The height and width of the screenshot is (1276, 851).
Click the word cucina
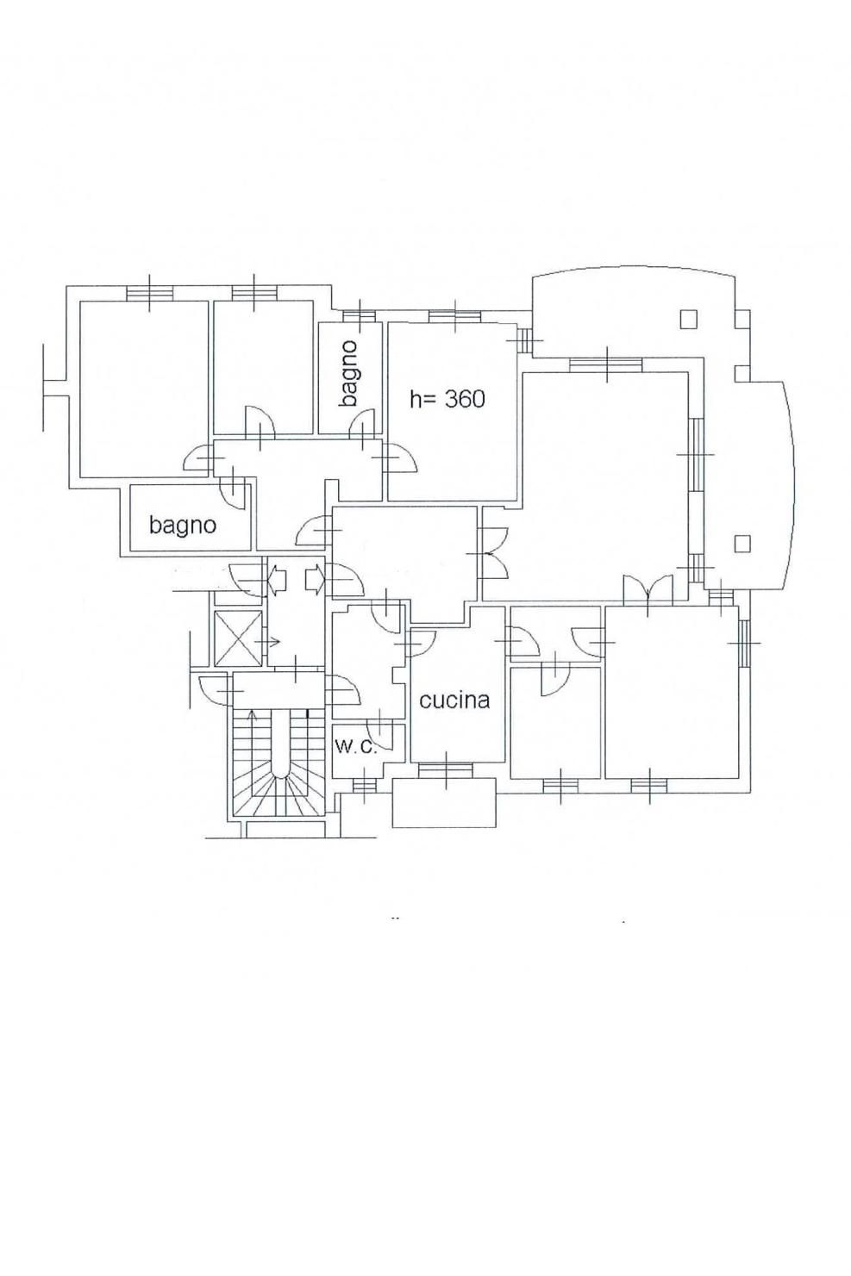click(x=454, y=700)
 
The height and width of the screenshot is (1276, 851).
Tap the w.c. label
click(x=356, y=746)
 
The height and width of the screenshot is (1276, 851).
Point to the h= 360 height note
click(x=447, y=399)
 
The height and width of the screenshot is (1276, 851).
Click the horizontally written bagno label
click(x=183, y=525)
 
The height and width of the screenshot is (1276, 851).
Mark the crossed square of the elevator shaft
click(x=238, y=638)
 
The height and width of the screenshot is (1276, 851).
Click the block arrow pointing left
click(x=278, y=580)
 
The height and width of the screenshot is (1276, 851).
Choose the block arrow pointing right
click(x=315, y=580)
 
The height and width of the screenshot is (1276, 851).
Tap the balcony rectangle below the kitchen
click(x=445, y=803)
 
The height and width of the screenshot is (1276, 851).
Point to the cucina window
click(x=446, y=770)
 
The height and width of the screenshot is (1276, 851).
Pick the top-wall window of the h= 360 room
click(x=455, y=316)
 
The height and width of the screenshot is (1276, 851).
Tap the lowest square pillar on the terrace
click(x=742, y=544)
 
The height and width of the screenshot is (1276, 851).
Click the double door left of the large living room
click(x=493, y=553)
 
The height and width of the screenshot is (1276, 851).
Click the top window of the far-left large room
click(x=149, y=292)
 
